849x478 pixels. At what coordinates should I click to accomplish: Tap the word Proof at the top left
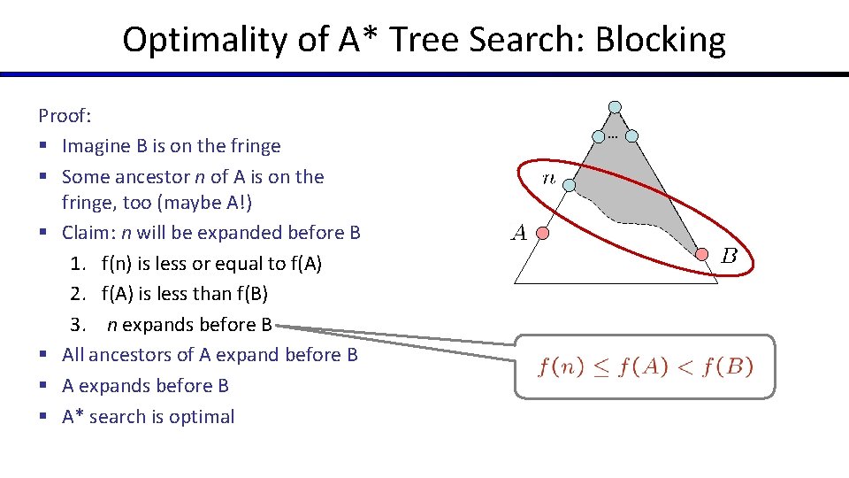pyautogui.click(x=63, y=115)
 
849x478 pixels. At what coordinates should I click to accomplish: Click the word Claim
pyautogui.click(x=86, y=233)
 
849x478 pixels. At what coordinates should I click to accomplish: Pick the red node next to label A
pyautogui.click(x=544, y=234)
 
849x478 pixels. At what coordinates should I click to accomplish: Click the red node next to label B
pyautogui.click(x=701, y=254)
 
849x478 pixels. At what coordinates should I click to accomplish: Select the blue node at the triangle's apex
pyautogui.click(x=615, y=106)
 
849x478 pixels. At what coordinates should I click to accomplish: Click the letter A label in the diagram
pyautogui.click(x=518, y=234)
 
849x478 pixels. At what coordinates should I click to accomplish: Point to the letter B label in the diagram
pyautogui.click(x=729, y=257)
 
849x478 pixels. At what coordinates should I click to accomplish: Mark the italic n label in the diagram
pyautogui.click(x=548, y=178)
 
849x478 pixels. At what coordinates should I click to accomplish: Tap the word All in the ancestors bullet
pyautogui.click(x=73, y=355)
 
